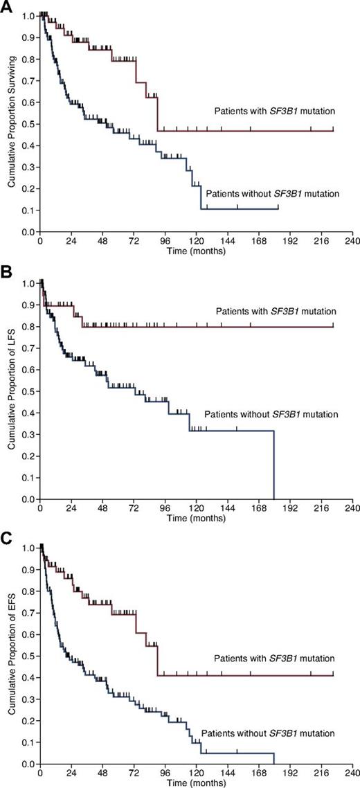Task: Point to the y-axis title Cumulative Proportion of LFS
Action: pyautogui.click(x=12, y=391)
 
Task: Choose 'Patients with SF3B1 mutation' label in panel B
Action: pyautogui.click(x=274, y=311)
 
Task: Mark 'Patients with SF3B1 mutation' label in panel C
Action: pyautogui.click(x=274, y=657)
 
